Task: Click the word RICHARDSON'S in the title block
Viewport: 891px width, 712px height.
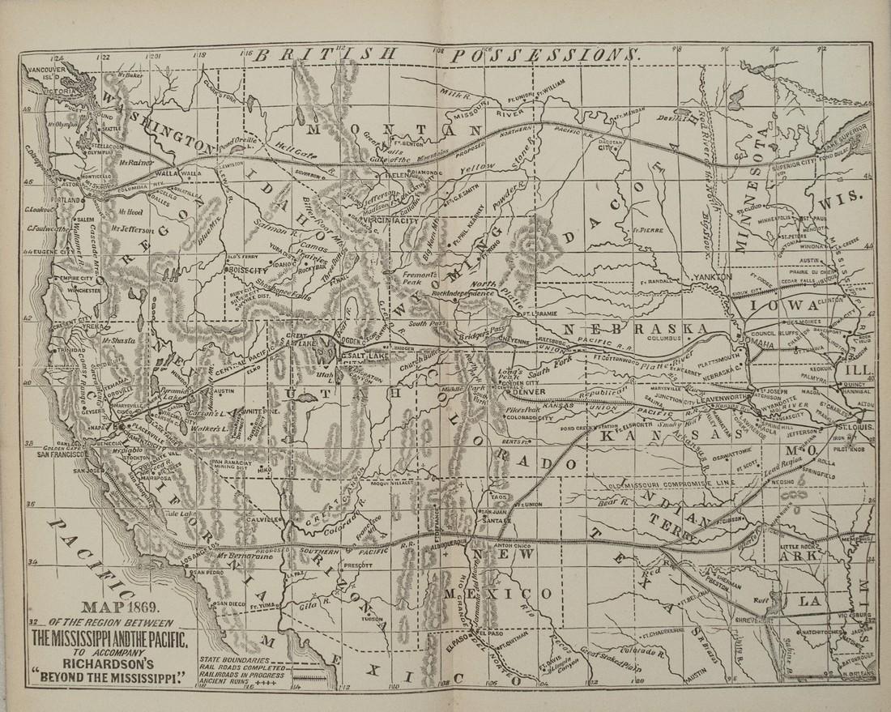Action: coord(113,659)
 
